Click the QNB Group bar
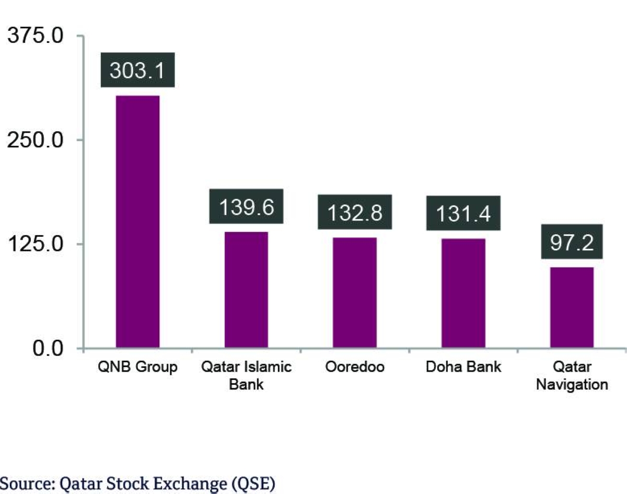pos(137,222)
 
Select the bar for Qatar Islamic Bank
pos(246,290)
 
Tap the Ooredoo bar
pos(355,293)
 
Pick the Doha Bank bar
pos(463,293)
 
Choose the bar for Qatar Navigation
pos(572,307)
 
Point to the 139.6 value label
pos(246,207)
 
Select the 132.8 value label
pos(355,213)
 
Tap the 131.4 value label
pos(463,213)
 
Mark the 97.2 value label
pos(572,242)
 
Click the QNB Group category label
pos(137,367)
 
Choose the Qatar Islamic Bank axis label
pos(246,375)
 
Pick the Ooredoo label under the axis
pos(355,367)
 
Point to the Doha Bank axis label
pos(463,367)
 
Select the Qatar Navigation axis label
pos(572,375)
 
